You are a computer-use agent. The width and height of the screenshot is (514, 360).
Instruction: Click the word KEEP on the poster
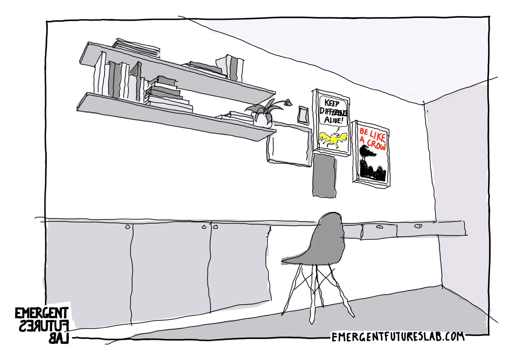(x=332, y=103)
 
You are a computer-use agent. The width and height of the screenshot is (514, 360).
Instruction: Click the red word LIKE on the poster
(x=377, y=136)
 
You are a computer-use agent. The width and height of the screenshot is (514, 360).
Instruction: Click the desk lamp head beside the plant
(x=288, y=102)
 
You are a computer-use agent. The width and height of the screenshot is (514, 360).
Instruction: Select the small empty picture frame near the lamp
(x=303, y=114)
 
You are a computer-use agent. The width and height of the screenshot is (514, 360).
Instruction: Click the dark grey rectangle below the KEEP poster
(x=324, y=175)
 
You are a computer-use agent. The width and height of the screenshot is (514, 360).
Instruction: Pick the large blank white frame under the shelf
(x=289, y=145)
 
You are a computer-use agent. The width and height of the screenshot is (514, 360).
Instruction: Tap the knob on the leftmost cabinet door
(x=127, y=227)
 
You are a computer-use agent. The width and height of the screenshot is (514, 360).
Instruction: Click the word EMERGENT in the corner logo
(x=41, y=313)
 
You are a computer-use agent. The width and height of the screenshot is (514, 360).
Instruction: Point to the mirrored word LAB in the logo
(x=59, y=338)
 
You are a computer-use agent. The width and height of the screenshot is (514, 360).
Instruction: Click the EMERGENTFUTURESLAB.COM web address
(x=398, y=336)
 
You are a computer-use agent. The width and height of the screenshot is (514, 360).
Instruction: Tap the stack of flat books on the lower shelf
(x=167, y=94)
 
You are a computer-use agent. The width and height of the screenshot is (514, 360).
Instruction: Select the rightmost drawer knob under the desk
(x=418, y=226)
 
